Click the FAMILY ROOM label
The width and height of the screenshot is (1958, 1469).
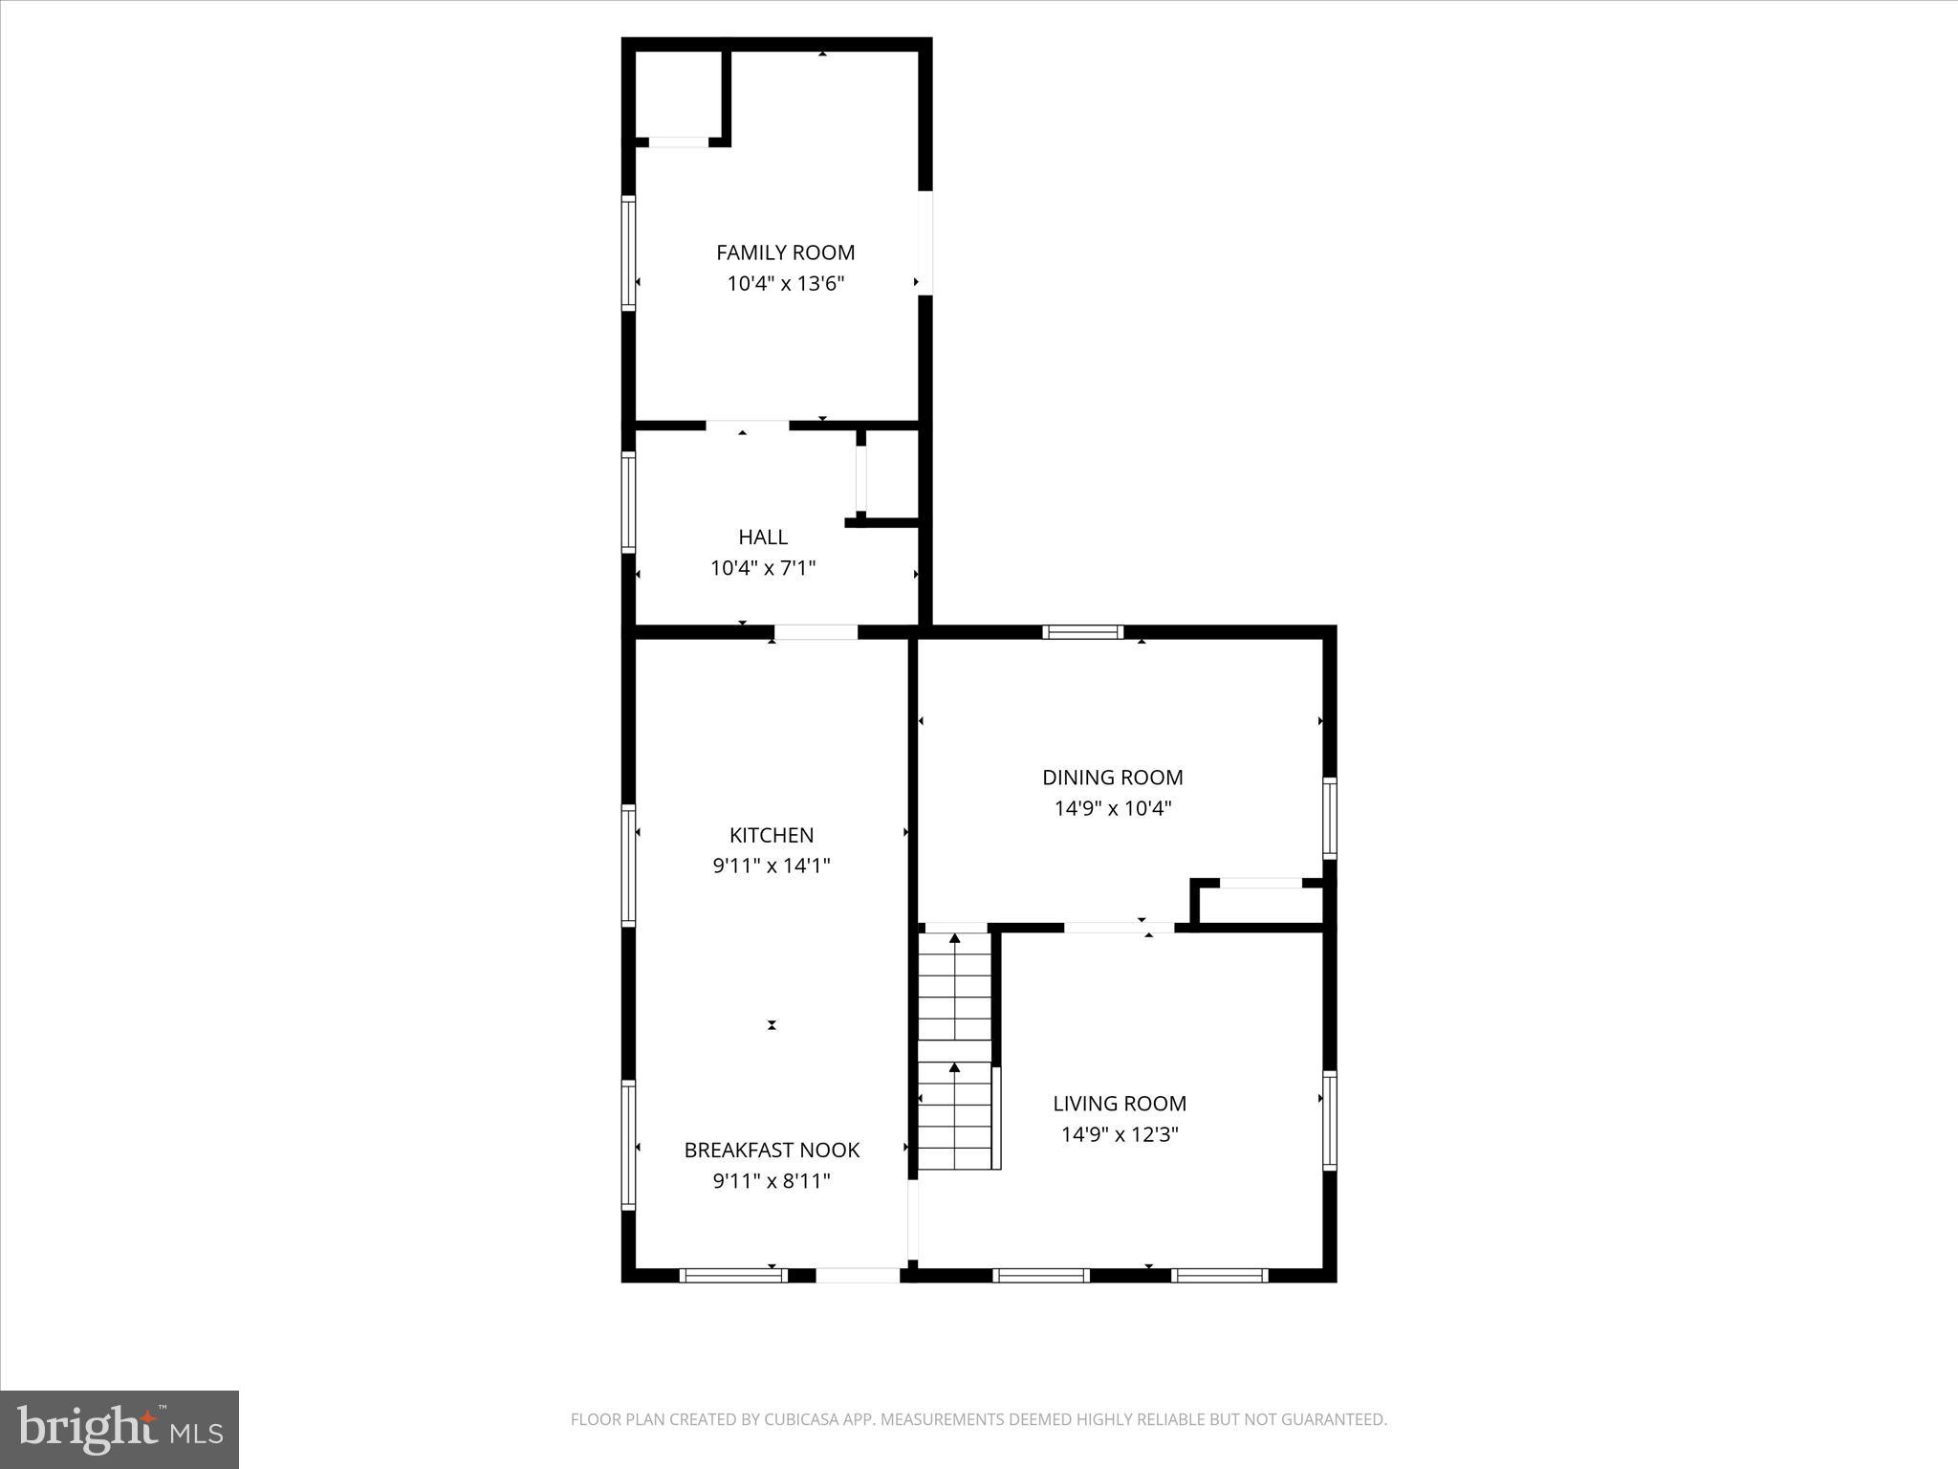click(785, 252)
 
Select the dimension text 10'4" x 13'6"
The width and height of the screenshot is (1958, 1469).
click(785, 284)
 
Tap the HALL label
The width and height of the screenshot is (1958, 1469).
click(762, 537)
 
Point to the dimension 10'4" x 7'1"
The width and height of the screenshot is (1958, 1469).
click(762, 568)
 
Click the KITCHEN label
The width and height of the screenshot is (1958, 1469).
click(771, 835)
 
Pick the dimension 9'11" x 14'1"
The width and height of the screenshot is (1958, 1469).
click(771, 866)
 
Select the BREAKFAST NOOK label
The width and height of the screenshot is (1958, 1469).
click(771, 1150)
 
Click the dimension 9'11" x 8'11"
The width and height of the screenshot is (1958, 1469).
click(771, 1181)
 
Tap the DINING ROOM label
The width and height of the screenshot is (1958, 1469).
click(1112, 778)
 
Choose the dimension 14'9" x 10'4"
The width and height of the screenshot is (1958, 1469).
click(1112, 809)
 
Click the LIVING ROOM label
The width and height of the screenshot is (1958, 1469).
click(1119, 1104)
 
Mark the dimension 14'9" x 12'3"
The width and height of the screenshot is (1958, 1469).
click(1119, 1135)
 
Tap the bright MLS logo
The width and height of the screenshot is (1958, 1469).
click(120, 1429)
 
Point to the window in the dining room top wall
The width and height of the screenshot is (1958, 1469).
click(1082, 631)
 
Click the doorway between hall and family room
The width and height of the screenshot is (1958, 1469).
click(747, 425)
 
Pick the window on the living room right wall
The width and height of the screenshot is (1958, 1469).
click(1329, 1120)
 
